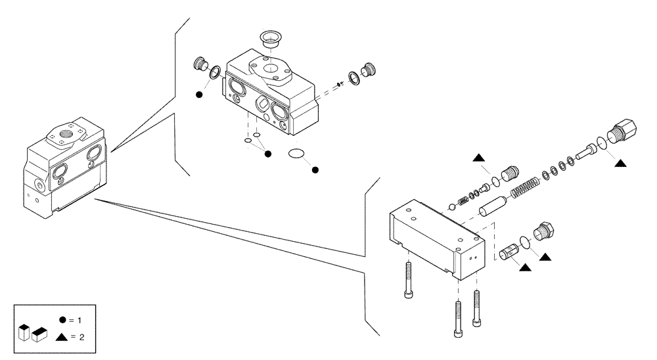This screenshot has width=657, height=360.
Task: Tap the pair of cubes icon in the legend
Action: (34, 334)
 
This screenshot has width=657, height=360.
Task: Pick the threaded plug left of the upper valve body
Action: (202, 65)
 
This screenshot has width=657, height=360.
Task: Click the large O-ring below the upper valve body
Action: (296, 154)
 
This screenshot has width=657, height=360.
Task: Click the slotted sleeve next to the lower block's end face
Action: (510, 251)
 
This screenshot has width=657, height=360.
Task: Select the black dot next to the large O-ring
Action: (315, 170)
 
